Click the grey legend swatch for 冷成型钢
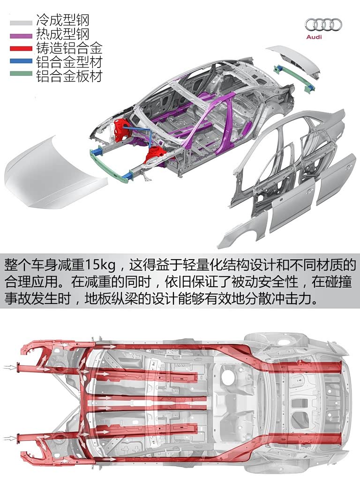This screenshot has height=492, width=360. (x=21, y=23)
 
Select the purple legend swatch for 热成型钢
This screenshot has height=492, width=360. (x=21, y=36)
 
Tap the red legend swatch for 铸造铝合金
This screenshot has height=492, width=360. (x=21, y=49)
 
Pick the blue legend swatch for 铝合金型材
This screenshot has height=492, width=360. (x=21, y=61)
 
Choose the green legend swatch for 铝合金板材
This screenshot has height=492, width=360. (x=21, y=74)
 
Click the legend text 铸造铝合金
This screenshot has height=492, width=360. (x=69, y=48)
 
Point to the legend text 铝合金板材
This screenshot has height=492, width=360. (x=69, y=75)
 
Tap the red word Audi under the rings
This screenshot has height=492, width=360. (x=314, y=37)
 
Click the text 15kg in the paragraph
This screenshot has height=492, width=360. (x=100, y=266)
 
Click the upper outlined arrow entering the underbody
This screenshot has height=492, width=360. (x=10, y=367)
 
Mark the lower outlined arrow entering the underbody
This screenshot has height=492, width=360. (x=10, y=438)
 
